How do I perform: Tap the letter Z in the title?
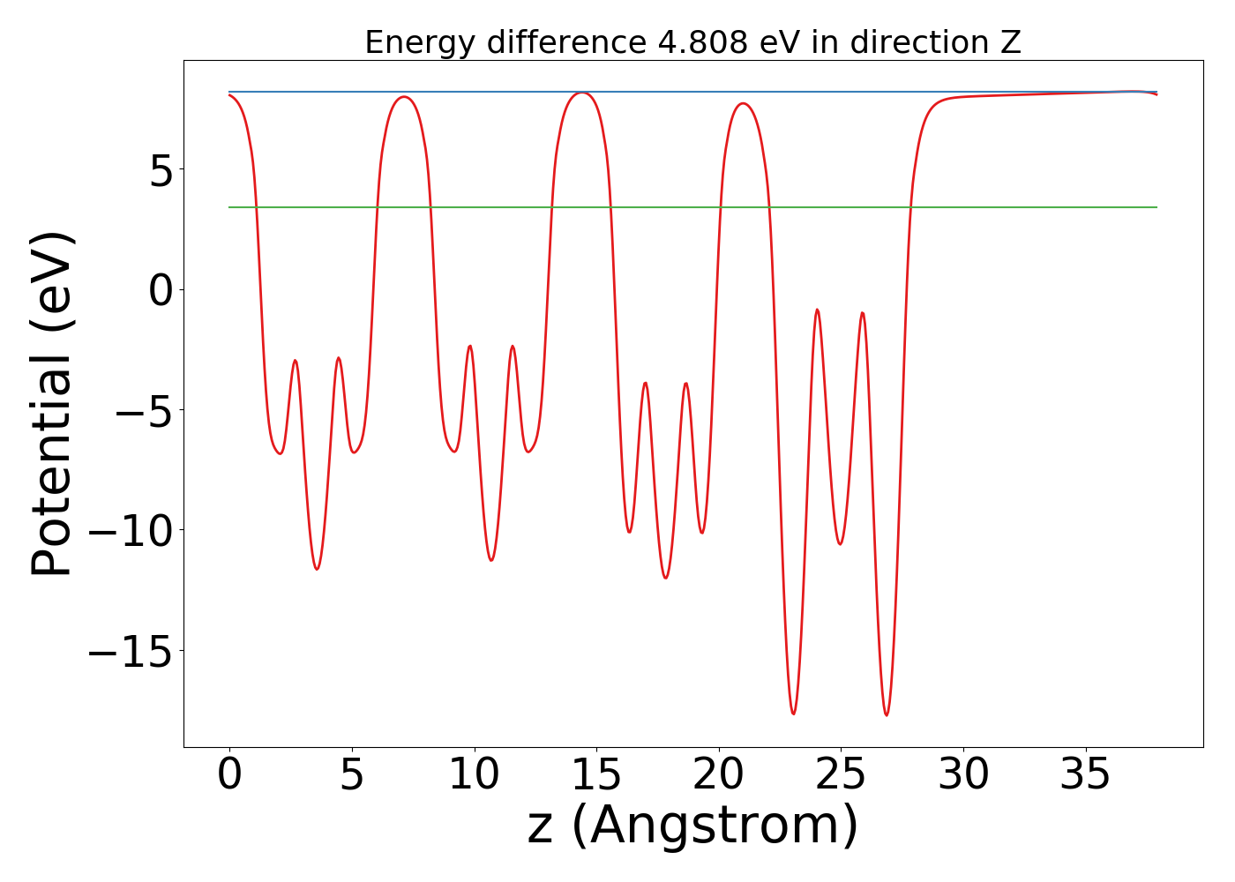[1010, 42]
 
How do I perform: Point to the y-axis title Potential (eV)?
[51, 404]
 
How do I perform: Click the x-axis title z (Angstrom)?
[692, 826]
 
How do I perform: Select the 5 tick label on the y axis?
[161, 170]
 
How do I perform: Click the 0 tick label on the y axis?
[161, 290]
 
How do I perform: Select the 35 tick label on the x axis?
[1085, 776]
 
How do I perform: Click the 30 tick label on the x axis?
[963, 776]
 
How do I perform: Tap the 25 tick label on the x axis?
[841, 776]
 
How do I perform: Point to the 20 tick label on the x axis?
[719, 776]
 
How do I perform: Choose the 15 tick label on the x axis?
[596, 776]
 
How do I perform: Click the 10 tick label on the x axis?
[475, 776]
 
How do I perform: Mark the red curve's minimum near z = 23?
[794, 714]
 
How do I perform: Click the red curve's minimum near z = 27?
[887, 715]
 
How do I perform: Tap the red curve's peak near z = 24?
[818, 310]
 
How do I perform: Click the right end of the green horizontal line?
[1156, 207]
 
